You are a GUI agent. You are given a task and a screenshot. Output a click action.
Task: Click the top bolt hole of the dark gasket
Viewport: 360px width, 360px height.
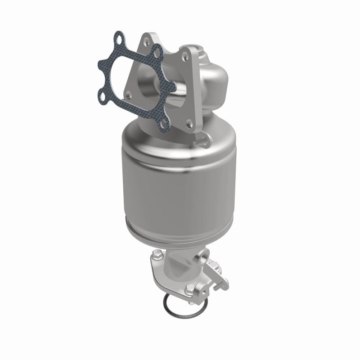(x=119, y=40)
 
